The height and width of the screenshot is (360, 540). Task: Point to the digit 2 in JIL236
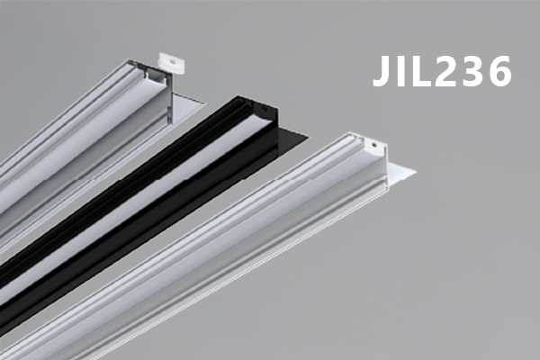pyautogui.click(x=445, y=70)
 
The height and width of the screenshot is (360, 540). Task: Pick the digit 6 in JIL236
pyautogui.click(x=499, y=70)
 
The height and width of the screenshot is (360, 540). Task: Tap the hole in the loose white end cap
pyautogui.click(x=172, y=62)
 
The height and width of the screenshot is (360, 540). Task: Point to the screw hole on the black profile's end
pyautogui.click(x=265, y=108)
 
